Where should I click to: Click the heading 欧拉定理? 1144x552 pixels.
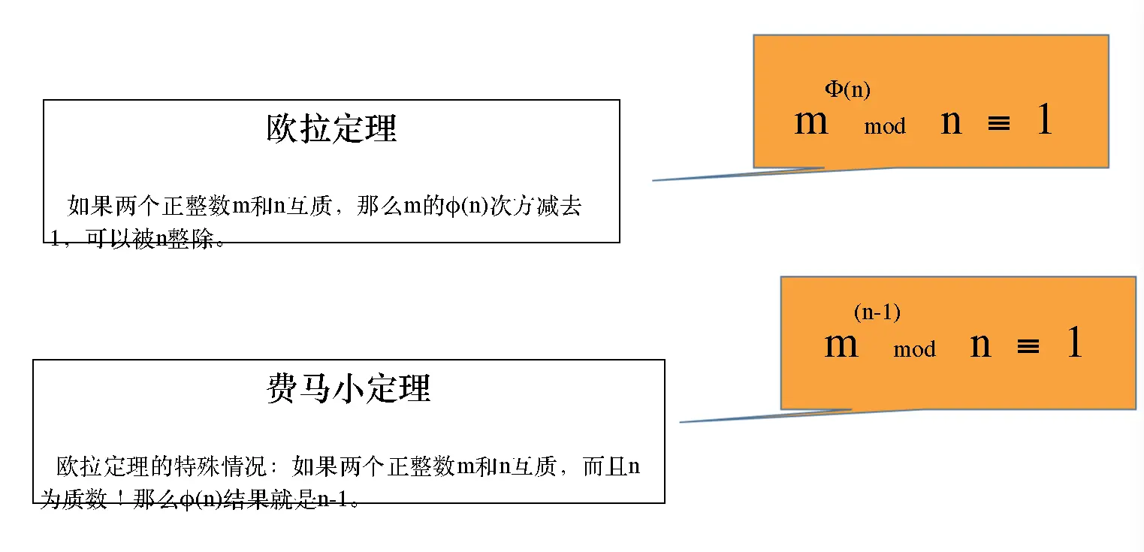(x=331, y=129)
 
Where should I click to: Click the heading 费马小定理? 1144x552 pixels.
(x=349, y=389)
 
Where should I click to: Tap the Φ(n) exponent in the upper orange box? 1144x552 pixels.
(x=847, y=90)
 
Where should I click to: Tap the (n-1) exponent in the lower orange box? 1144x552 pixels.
(x=877, y=312)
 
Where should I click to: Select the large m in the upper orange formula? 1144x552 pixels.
(x=810, y=121)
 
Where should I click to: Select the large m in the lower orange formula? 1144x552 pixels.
(x=841, y=345)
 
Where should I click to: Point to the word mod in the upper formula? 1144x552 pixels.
(x=885, y=127)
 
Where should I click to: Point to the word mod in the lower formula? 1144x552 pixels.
(x=914, y=350)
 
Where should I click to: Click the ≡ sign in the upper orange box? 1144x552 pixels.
(x=998, y=123)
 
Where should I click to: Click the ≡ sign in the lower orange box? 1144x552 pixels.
(x=1028, y=346)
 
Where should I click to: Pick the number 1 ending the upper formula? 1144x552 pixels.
(x=1044, y=120)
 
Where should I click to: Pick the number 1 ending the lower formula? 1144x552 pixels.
(x=1074, y=343)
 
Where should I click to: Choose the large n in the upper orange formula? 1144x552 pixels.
(x=951, y=122)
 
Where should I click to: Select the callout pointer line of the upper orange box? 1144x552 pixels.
(x=736, y=175)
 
